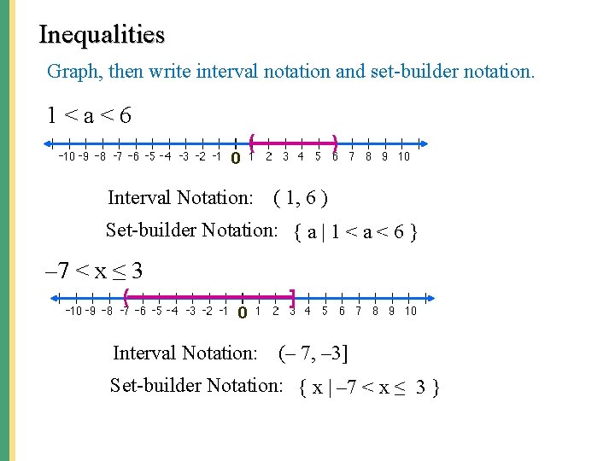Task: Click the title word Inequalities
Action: coord(102,35)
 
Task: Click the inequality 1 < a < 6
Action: coord(90,114)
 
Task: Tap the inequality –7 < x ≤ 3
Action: coord(93,271)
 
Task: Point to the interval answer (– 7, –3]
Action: coord(313,353)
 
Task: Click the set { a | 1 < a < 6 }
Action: coord(354,232)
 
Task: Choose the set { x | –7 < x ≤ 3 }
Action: coord(370,388)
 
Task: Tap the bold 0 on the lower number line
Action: coord(242,313)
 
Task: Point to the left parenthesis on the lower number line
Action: coord(126,297)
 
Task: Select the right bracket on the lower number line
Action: coord(292,298)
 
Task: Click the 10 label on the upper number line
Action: coord(403,156)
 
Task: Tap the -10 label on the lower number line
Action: coord(74,312)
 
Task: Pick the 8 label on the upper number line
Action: coord(368,156)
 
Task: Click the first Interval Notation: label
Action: coord(180,198)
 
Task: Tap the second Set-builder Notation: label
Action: coord(196,385)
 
